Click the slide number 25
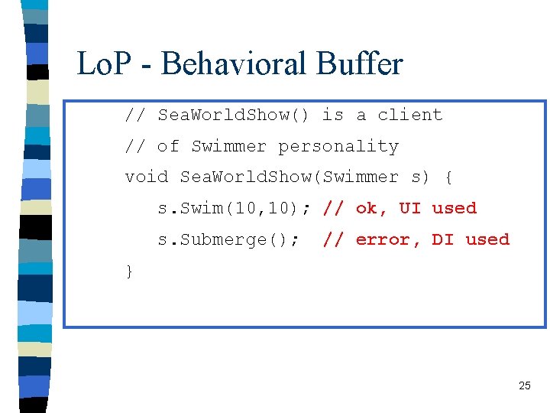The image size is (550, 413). coord(524,385)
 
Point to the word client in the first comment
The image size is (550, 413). coord(410,115)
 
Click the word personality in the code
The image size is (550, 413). coord(338,146)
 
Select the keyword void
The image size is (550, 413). coord(147,177)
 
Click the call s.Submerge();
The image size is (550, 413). coord(228,239)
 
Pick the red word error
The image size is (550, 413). coord(383,239)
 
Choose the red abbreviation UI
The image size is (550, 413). coord(410,208)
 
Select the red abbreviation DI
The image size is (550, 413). coord(443,239)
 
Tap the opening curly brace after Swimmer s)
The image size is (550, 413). coord(448,177)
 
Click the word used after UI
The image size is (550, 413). coord(454,208)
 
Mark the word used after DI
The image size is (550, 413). coord(487,239)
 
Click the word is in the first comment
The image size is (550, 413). coord(333,115)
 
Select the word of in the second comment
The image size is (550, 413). coord(168,146)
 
